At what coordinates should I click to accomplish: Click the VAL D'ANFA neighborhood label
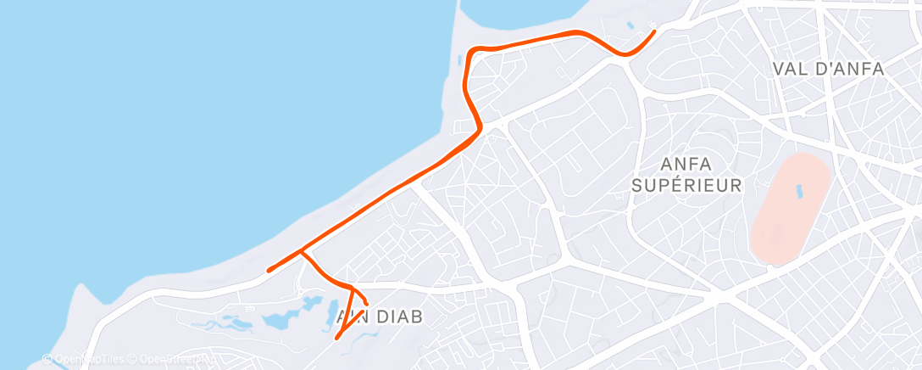click(x=828, y=70)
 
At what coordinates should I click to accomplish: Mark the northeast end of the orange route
click(x=654, y=32)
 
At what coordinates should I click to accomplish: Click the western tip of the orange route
click(x=269, y=271)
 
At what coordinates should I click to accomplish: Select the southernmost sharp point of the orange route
click(x=338, y=338)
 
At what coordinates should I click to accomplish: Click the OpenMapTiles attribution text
click(x=81, y=359)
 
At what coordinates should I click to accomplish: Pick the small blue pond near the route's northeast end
click(x=630, y=26)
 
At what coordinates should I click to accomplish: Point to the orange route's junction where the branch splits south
click(x=302, y=252)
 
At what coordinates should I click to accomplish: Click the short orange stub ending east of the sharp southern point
click(x=366, y=303)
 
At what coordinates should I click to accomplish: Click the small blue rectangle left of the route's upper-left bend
click(x=458, y=63)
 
